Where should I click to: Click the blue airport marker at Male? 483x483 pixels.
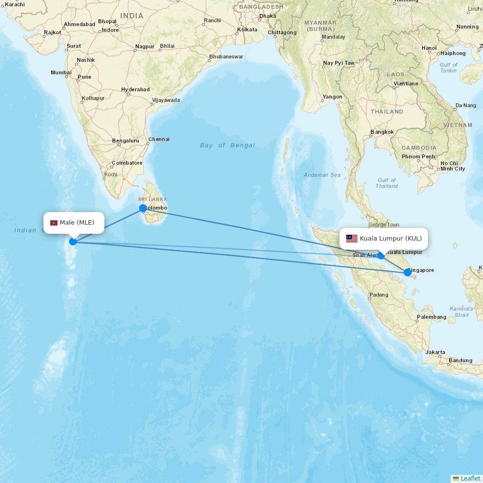73,241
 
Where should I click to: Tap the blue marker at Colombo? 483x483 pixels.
143,208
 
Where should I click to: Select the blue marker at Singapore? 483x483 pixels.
408,272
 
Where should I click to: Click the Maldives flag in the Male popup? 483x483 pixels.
54,223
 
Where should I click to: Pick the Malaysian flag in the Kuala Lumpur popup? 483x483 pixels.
352,239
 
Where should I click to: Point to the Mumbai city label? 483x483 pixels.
61,73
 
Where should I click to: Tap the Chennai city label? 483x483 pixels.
159,139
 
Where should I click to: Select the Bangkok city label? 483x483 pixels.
382,132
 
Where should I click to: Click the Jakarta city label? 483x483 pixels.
436,353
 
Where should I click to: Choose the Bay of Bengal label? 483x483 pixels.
227,145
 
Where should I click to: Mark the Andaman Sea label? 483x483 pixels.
322,175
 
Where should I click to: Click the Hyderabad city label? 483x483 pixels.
135,89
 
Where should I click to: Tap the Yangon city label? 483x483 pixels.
332,97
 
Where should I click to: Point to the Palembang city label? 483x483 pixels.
431,317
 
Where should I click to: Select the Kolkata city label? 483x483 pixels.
247,30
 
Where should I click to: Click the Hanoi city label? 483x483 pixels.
429,48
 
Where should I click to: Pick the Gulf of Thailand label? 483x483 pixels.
386,183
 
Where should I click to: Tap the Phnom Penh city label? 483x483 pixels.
418,156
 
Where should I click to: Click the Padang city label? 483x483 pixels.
379,295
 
